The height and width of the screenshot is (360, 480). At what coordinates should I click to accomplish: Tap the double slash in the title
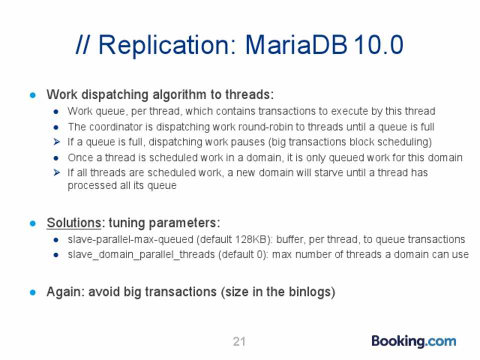pos(82,44)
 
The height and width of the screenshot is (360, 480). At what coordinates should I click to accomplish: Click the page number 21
pos(239,341)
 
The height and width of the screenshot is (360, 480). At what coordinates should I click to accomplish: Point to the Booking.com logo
pos(414,341)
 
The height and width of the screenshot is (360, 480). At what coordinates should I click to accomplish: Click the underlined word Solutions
pos(74,222)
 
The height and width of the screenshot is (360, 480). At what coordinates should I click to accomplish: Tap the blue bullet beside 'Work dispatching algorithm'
pos(33,95)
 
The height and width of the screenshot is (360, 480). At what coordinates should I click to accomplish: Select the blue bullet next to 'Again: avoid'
pos(33,292)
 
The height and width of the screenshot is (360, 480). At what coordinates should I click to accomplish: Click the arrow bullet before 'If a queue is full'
pos(56,141)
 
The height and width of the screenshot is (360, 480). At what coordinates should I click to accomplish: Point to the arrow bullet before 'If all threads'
pos(56,172)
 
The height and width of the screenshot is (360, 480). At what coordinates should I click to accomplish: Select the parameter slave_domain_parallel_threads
pos(141,254)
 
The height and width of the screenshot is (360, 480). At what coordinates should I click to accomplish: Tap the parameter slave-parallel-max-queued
pos(130,239)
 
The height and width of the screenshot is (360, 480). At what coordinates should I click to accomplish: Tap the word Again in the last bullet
pos(63,291)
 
